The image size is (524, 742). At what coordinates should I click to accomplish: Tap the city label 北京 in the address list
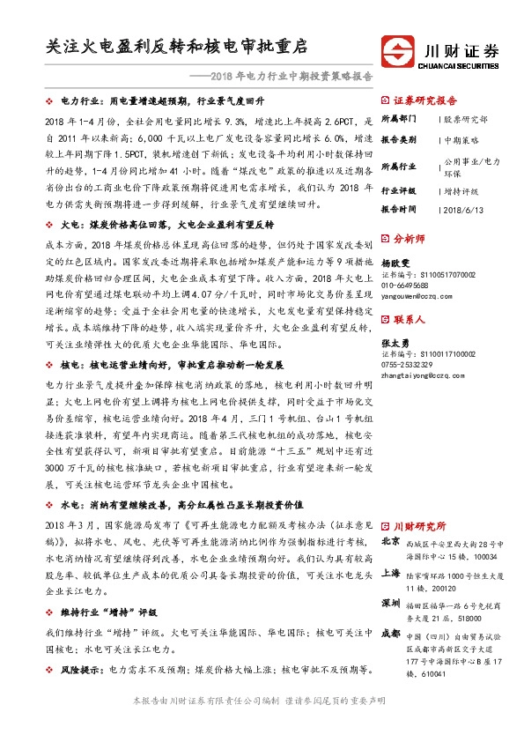[x=390, y=541]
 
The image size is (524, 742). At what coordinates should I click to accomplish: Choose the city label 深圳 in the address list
[x=390, y=602]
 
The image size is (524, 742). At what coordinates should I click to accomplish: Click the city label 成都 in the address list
[x=390, y=633]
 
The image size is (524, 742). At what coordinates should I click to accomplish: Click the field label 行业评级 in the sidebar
[x=400, y=189]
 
